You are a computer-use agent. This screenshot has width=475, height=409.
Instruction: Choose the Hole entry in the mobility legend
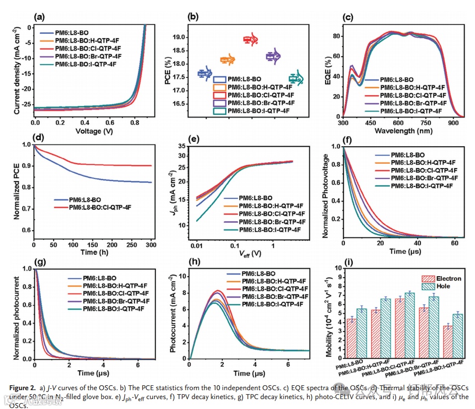pos(440,287)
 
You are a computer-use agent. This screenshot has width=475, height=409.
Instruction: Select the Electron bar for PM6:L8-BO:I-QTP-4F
pos(447,342)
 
